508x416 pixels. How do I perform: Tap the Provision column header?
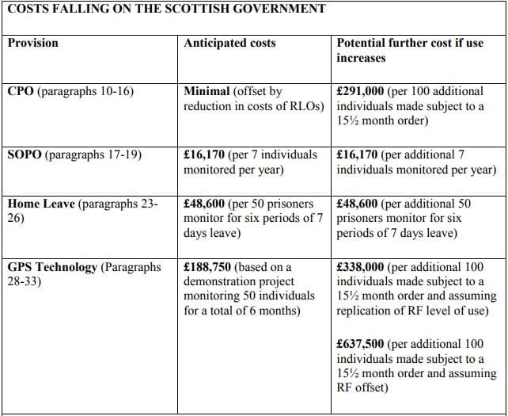tap(34, 42)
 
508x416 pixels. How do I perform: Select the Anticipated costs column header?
tap(229, 42)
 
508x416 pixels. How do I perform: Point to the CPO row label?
tap(21, 91)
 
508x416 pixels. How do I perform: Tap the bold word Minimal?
tap(208, 91)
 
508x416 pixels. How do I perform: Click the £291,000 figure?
tap(361, 91)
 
